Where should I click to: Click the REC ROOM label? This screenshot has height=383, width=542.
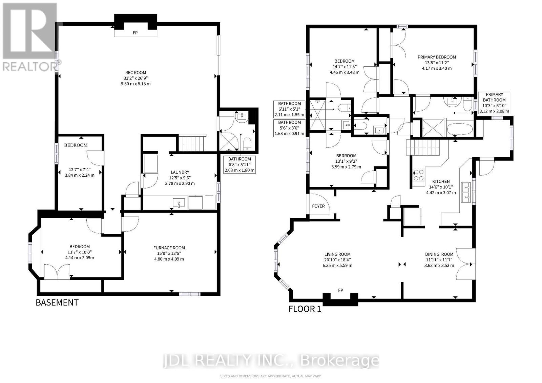(135, 72)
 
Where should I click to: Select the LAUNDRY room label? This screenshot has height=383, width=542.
(180, 172)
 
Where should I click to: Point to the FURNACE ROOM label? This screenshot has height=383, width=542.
(169, 248)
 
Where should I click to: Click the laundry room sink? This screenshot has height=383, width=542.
(179, 203)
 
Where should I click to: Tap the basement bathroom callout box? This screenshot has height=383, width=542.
(239, 164)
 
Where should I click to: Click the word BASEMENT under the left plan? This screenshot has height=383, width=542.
(57, 302)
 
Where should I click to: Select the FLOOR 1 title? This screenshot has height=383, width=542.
(305, 309)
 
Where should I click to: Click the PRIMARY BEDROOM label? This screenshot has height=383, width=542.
(437, 57)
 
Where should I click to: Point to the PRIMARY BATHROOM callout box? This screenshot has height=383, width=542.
(494, 103)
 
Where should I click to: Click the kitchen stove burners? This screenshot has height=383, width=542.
(418, 175)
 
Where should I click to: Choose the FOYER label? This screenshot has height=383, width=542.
(318, 206)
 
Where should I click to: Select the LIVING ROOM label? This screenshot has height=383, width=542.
(337, 254)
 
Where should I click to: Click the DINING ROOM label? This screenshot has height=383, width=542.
(439, 254)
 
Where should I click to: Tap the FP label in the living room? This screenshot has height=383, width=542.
(340, 290)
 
